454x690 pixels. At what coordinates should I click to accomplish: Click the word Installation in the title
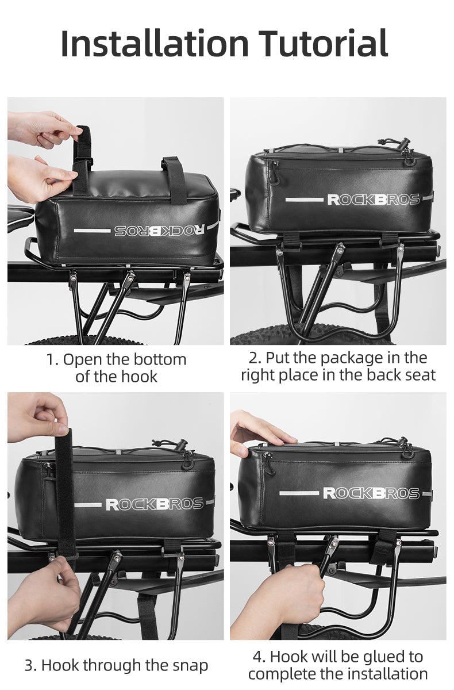pyautogui.click(x=154, y=44)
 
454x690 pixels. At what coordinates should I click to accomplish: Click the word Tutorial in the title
pyautogui.click(x=323, y=44)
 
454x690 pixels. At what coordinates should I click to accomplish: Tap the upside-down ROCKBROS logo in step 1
pyautogui.click(x=159, y=230)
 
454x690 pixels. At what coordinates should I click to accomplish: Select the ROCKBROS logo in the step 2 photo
pyautogui.click(x=373, y=200)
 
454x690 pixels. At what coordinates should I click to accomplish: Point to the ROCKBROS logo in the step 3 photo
pyautogui.click(x=155, y=504)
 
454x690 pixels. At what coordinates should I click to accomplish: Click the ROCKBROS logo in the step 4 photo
pyautogui.click(x=371, y=493)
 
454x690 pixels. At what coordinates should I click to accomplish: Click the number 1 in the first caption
pyautogui.click(x=52, y=360)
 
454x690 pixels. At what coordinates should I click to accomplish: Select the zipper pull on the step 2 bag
pyautogui.click(x=273, y=172)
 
